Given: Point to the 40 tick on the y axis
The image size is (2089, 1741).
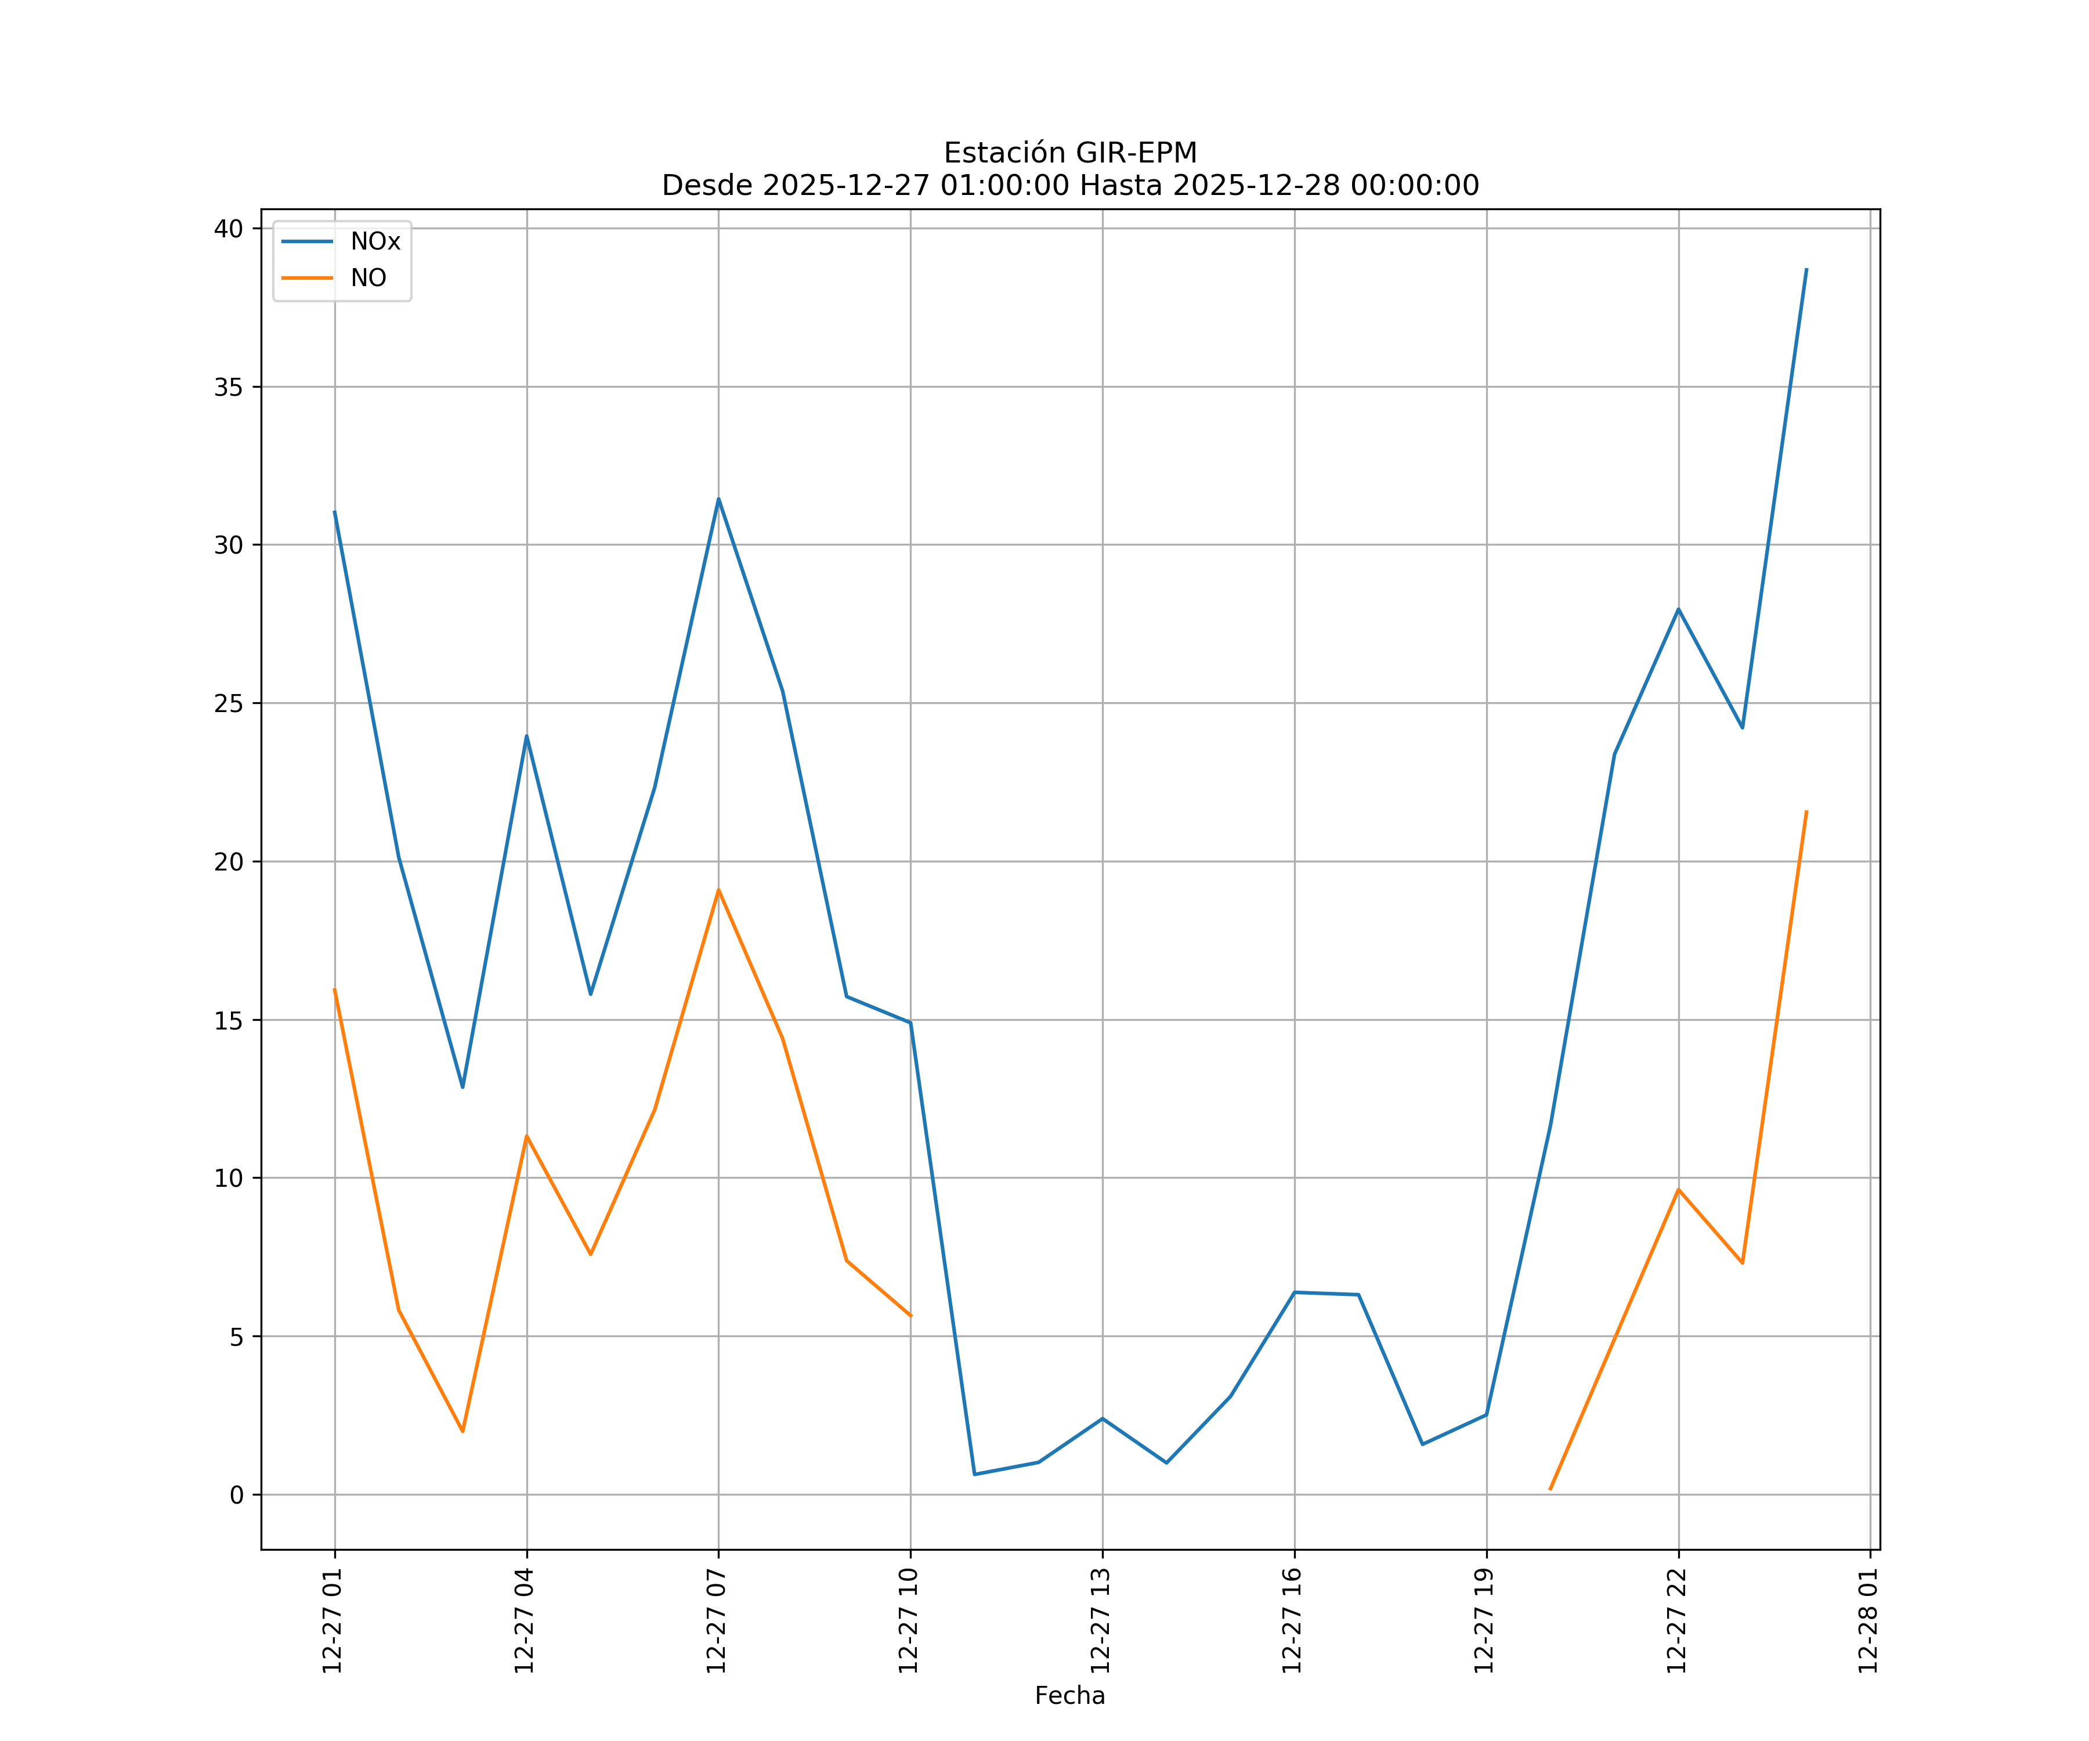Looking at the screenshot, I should pyautogui.click(x=229, y=229).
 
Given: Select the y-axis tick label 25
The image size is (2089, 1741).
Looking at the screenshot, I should pyautogui.click(x=229, y=703).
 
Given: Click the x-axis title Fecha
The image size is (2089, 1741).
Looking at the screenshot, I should pyautogui.click(x=1069, y=1695).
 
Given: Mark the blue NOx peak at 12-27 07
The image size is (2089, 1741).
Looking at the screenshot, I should pyautogui.click(x=718, y=499).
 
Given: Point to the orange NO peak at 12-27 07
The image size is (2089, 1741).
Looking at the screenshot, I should pyautogui.click(x=718, y=890).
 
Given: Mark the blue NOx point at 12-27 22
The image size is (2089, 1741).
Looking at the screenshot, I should pyautogui.click(x=1678, y=609).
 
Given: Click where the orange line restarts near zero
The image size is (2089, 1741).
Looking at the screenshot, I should pyautogui.click(x=1550, y=1489).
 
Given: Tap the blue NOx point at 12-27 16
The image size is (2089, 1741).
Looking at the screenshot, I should pyautogui.click(x=1294, y=1292).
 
